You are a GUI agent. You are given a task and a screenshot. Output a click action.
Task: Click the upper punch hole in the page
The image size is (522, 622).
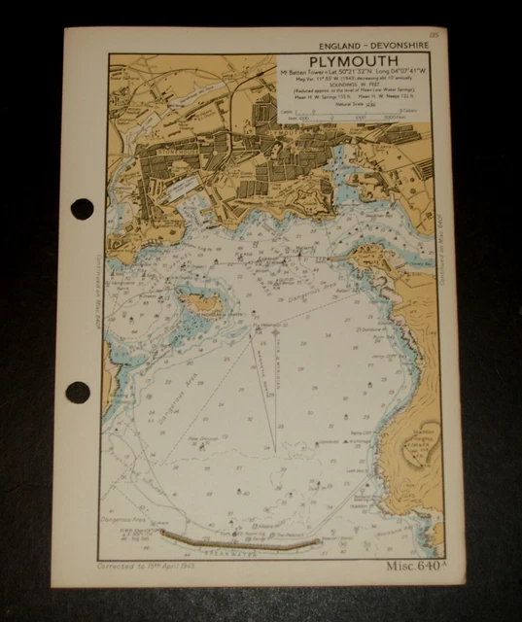coord(82,208)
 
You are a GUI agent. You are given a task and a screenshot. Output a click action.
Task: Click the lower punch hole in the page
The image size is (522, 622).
coord(79,393)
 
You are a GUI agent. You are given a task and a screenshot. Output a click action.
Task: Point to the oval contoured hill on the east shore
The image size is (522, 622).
coord(420,444)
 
